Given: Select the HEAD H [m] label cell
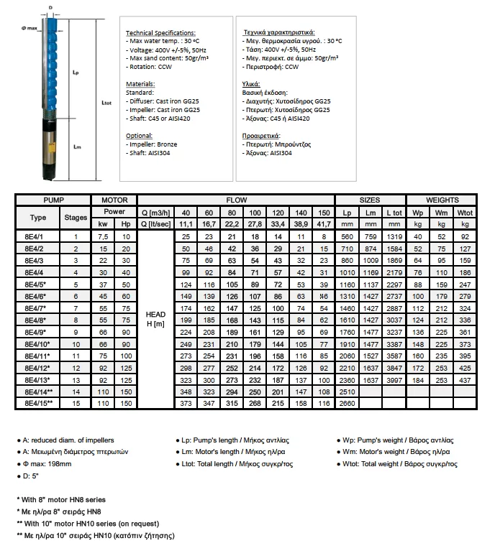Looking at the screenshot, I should point(155,318).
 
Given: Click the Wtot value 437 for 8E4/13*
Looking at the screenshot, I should point(465,379).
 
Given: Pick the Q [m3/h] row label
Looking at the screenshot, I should point(155,212).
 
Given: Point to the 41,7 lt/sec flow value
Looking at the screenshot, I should point(324,223).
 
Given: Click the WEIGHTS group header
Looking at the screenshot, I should point(442,200).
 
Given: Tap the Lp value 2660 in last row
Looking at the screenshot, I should point(347,404).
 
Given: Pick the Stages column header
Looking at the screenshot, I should point(76,218).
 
